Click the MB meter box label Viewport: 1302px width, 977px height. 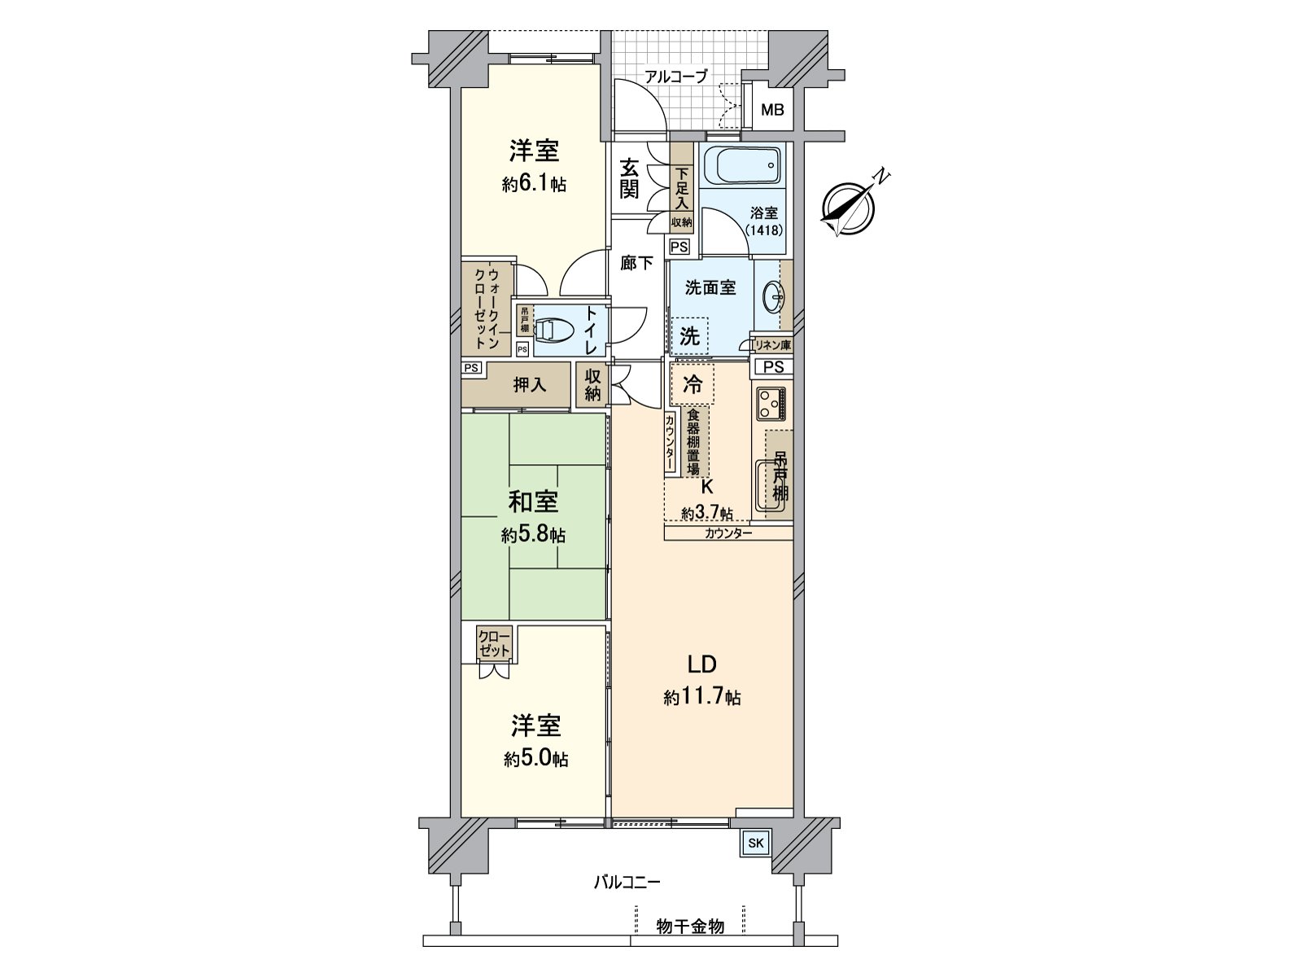(772, 109)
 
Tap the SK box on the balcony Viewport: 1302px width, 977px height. (755, 843)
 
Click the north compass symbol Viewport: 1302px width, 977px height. (849, 204)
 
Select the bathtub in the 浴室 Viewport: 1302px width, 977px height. (741, 166)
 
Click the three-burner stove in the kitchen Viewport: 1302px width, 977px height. (771, 403)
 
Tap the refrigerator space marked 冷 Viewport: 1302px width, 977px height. (692, 384)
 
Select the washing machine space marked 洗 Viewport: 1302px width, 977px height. (689, 335)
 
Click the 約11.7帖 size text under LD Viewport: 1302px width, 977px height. (701, 698)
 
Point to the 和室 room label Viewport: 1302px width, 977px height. (533, 502)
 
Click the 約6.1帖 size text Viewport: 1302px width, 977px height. (534, 185)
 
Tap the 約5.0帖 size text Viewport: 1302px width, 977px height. (535, 759)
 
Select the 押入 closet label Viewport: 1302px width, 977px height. (529, 385)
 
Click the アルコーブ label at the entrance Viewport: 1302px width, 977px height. (675, 77)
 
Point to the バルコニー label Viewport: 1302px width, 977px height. (626, 882)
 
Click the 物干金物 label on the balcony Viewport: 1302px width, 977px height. (690, 927)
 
